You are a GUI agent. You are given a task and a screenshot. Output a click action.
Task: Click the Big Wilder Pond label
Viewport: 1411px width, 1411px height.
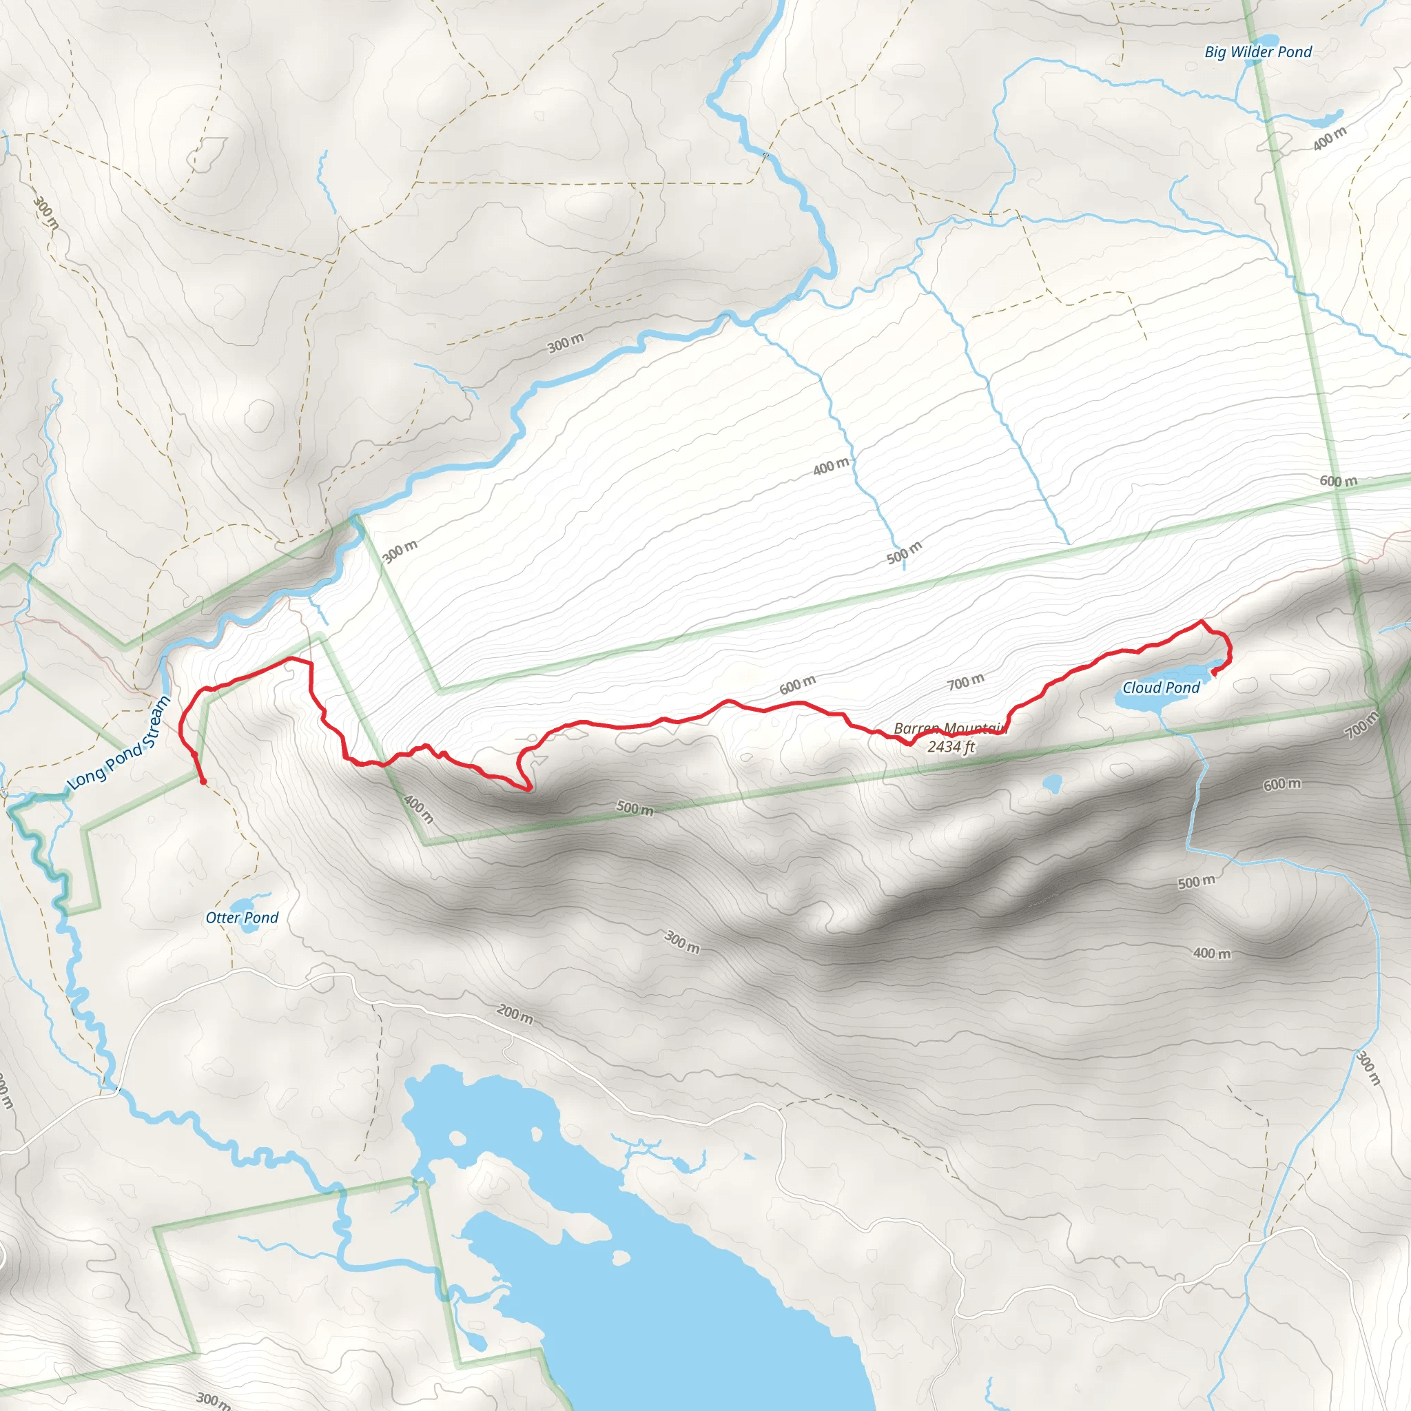click(x=1257, y=52)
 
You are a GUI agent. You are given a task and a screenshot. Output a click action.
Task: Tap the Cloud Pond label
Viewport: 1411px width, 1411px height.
click(x=1160, y=688)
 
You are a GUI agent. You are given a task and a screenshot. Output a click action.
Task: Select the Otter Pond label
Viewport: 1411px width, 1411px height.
click(x=242, y=918)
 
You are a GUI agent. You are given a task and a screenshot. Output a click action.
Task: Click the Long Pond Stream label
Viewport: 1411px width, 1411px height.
click(x=119, y=743)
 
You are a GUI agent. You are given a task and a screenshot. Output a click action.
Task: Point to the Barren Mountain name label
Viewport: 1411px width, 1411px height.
click(x=950, y=729)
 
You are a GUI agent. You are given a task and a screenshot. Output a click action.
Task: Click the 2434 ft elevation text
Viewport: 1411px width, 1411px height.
click(x=950, y=747)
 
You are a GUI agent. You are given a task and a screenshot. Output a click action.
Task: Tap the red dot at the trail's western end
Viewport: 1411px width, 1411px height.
click(x=203, y=781)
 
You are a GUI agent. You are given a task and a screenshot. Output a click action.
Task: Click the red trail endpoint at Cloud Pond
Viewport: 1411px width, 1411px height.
click(x=1214, y=672)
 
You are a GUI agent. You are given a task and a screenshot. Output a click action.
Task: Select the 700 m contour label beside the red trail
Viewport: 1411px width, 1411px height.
click(x=965, y=682)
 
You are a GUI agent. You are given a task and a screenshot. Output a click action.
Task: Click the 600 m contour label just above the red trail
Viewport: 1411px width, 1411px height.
click(x=797, y=685)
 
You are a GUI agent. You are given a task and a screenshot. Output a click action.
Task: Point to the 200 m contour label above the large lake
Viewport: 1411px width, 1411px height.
click(x=515, y=1013)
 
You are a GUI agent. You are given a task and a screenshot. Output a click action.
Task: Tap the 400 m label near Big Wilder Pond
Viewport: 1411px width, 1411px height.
click(x=1329, y=138)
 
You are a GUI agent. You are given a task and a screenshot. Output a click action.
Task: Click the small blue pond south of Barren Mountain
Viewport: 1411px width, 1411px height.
click(x=1051, y=784)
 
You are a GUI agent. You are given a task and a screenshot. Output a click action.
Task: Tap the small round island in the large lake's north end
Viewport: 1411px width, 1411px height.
click(x=458, y=1138)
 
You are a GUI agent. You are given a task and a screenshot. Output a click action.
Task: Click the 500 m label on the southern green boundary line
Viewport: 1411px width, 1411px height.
click(x=634, y=807)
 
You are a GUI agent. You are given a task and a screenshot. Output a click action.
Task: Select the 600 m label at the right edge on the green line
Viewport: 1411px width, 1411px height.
click(x=1338, y=482)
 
